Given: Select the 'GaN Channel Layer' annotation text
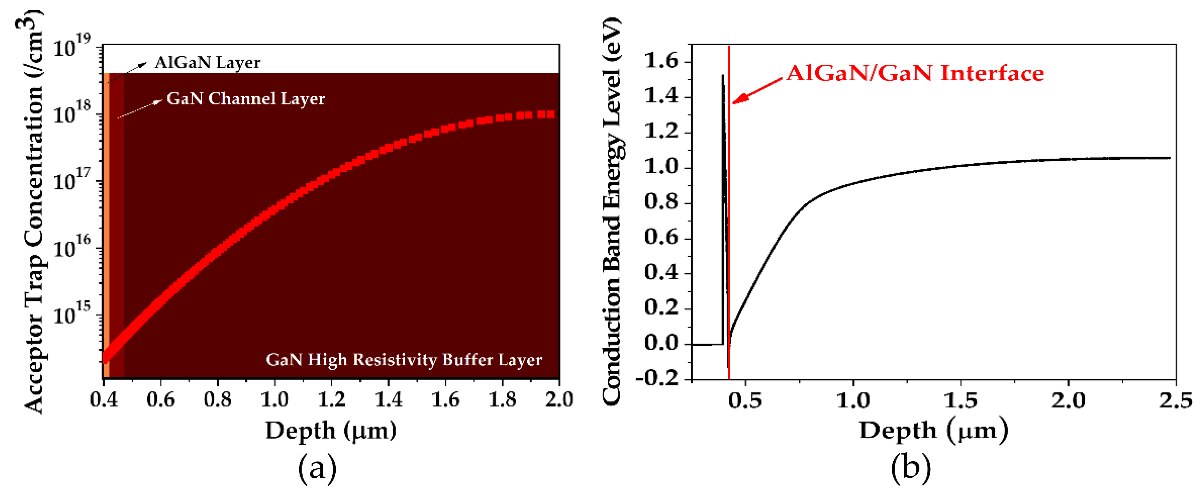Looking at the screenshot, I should (x=245, y=99).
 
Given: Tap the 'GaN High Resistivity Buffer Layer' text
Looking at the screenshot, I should (x=404, y=360).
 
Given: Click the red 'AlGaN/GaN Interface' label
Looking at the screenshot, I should (x=915, y=73).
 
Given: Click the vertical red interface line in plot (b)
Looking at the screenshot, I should (x=728, y=233).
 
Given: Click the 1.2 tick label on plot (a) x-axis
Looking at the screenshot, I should (x=331, y=400).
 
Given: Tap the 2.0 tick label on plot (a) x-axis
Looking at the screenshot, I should (x=559, y=400).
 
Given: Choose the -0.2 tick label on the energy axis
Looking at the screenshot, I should (x=657, y=378).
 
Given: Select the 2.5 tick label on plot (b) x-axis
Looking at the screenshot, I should (x=1176, y=401).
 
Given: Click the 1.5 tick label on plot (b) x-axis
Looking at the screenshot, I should (x=960, y=401).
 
